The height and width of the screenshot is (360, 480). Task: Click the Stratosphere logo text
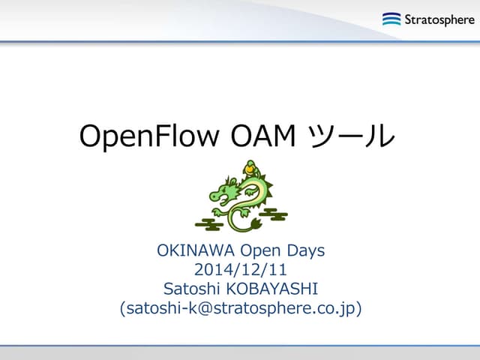click(x=439, y=19)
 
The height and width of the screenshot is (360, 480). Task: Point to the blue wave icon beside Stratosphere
click(x=391, y=19)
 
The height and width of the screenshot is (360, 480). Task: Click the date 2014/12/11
click(x=240, y=269)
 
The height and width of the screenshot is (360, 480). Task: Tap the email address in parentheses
click(x=240, y=307)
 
